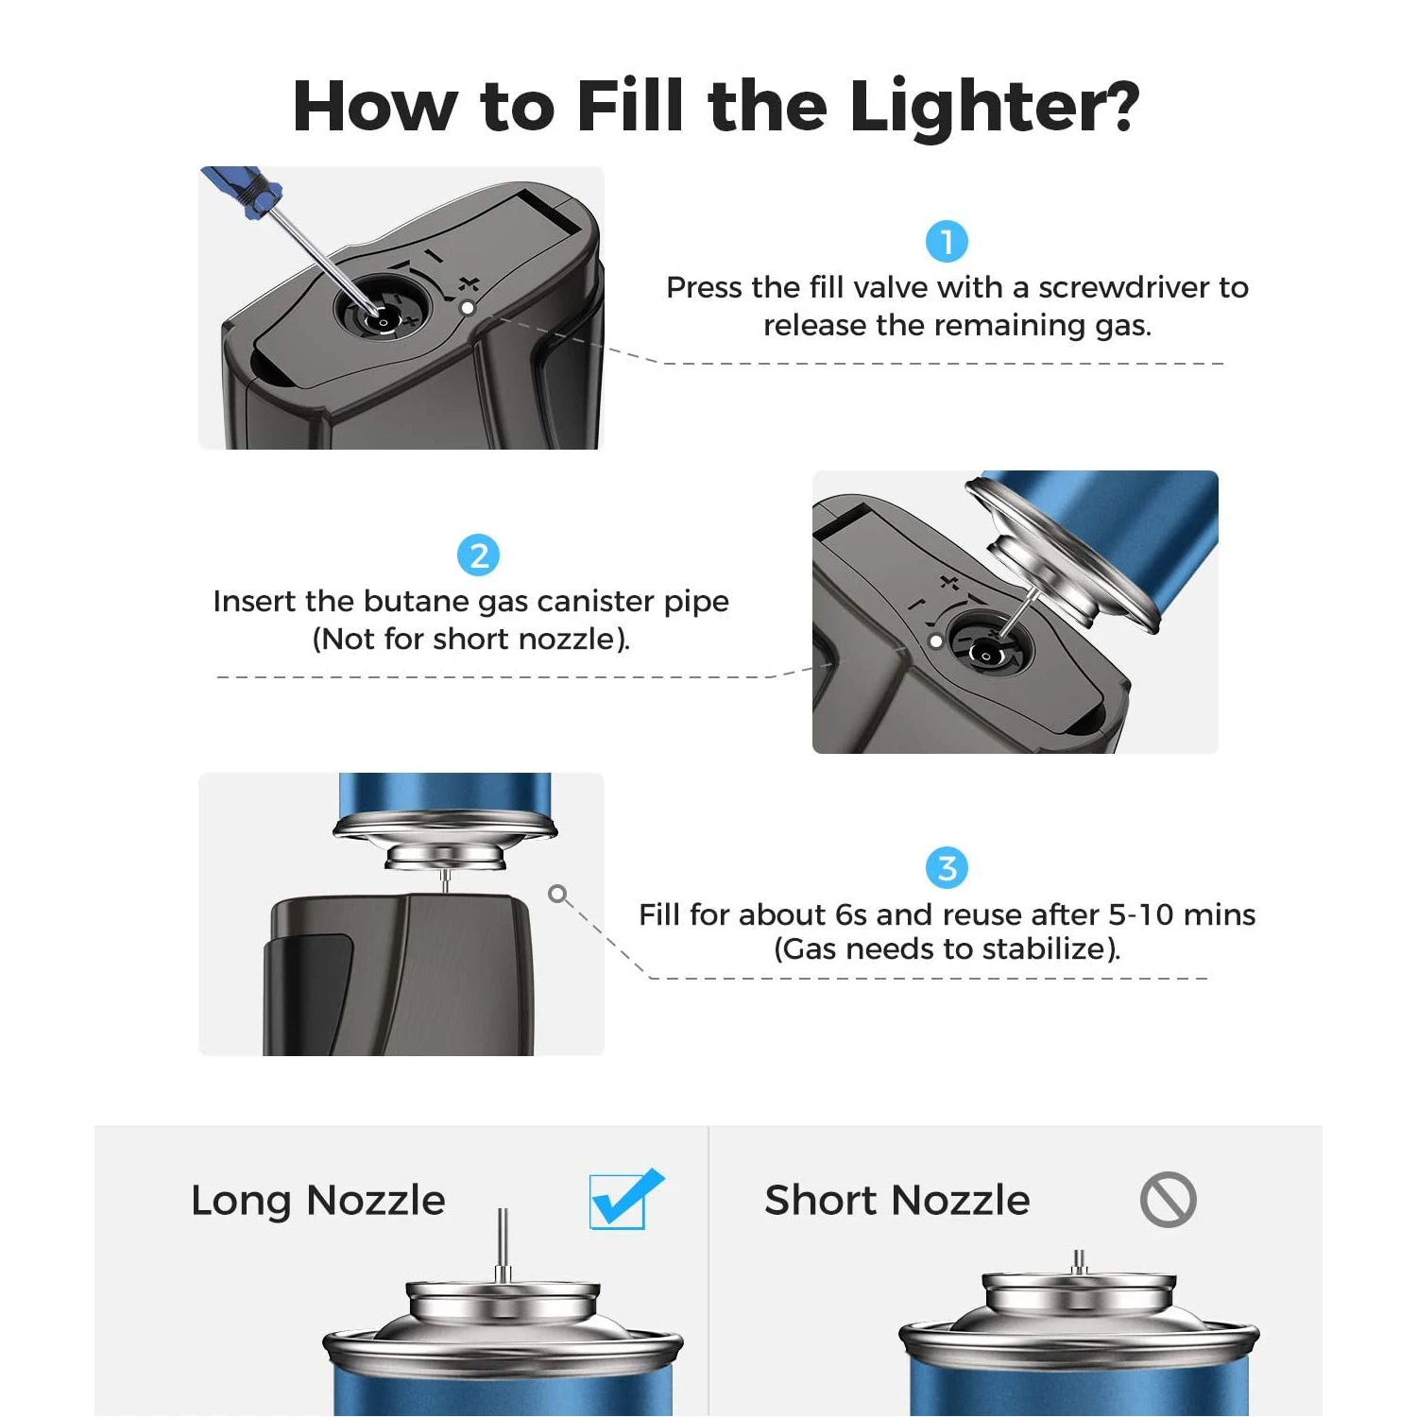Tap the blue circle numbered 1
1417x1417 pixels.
click(947, 242)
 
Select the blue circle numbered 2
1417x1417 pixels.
click(478, 555)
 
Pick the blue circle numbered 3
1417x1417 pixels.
click(947, 868)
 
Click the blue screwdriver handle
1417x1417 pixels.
click(242, 192)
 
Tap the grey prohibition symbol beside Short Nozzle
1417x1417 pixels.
click(1168, 1200)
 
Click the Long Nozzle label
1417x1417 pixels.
click(317, 1201)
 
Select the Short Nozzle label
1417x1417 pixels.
click(896, 1201)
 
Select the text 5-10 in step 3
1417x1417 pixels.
click(1141, 914)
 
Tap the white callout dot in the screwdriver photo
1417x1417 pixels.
click(467, 308)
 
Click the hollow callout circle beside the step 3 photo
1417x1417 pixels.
click(557, 894)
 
